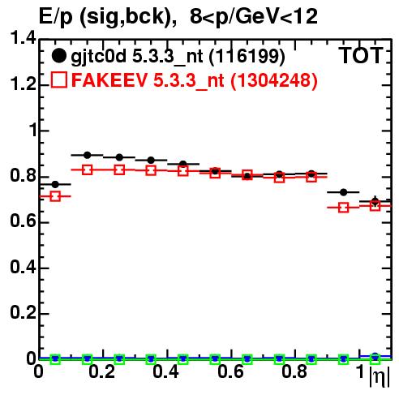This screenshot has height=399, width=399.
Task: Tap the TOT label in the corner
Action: (x=361, y=56)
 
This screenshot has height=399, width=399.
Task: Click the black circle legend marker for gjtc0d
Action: (x=58, y=56)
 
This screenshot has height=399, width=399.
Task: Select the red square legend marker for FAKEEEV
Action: (x=58, y=79)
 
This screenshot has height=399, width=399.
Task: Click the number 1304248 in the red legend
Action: (x=273, y=80)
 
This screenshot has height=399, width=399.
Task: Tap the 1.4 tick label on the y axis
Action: (x=24, y=38)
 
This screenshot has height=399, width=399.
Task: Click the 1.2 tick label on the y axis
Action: (x=24, y=84)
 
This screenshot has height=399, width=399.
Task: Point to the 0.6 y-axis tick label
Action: (x=24, y=221)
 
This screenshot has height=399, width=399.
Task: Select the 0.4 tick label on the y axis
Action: (x=24, y=268)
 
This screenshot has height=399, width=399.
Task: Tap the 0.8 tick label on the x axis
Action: (x=294, y=371)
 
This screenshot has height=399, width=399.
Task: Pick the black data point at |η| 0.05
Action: (x=55, y=184)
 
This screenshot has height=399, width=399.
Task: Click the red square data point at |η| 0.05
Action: (x=55, y=196)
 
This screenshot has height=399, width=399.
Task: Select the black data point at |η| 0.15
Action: (x=87, y=155)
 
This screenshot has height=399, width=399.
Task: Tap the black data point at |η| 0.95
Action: (x=343, y=192)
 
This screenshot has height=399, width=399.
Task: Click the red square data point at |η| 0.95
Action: (x=343, y=208)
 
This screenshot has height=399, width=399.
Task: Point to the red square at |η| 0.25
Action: (x=119, y=169)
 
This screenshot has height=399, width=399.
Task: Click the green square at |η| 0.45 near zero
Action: (x=183, y=359)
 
